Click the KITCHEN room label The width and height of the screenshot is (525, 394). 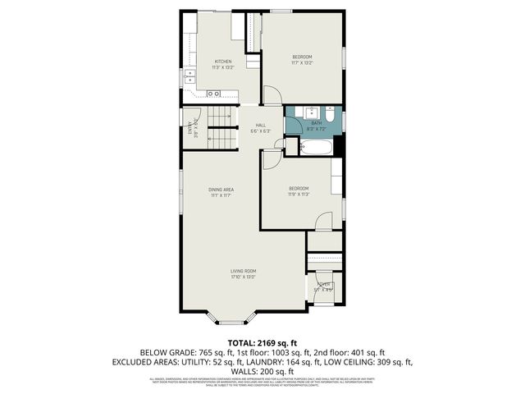pos(223,62)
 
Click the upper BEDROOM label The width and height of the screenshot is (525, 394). pos(303,56)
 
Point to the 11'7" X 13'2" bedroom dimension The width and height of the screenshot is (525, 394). pos(303,62)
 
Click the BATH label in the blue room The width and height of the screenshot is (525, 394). pos(316,123)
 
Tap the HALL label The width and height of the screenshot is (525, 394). pos(260,125)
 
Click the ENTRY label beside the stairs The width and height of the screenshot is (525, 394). pos(190,130)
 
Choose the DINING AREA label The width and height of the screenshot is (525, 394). pos(221,190)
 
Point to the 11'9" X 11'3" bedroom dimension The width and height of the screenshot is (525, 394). pos(299,195)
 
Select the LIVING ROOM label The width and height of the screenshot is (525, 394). pos(244,271)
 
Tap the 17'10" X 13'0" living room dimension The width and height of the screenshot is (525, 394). pos(244,277)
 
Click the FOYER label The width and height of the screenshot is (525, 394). pos(323,284)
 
